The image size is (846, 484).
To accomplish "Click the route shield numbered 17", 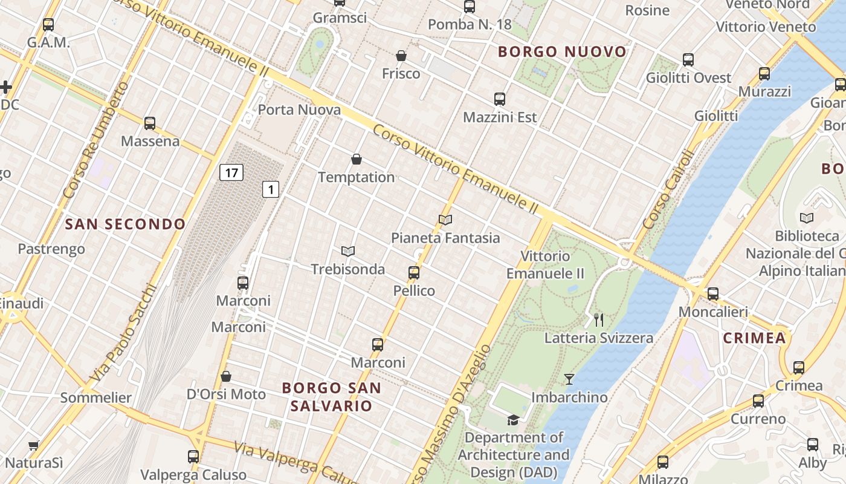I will pos(231,172).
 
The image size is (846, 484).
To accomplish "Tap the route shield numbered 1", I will pos(271,189).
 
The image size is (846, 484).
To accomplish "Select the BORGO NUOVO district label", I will pos(562,52).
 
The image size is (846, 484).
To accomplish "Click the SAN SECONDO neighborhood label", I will pos(125,224).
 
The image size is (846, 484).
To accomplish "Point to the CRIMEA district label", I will pos(754,338).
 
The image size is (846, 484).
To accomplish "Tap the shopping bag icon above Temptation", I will pos(357,160).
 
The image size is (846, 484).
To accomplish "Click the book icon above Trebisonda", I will pos(347,251).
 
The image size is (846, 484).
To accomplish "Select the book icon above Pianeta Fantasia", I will pos(445,220).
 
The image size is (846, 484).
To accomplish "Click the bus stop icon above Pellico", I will pos(414,273).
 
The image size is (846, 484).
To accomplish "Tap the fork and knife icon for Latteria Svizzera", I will pos(599,320).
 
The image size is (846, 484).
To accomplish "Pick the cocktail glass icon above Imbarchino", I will pos(569,379).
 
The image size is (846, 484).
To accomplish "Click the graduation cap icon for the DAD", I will pos(513,419).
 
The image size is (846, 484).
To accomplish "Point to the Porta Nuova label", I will pos(299,110).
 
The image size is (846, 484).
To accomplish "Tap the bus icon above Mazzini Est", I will pos(500,99).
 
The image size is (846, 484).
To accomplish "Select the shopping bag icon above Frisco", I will pos(401,56).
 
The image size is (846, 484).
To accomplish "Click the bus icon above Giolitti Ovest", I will pos(688,60).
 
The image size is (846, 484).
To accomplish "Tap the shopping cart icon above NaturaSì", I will pos(33,446).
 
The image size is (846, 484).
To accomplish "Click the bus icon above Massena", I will pos(150,123).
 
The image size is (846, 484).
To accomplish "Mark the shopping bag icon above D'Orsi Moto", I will pos(226,376).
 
